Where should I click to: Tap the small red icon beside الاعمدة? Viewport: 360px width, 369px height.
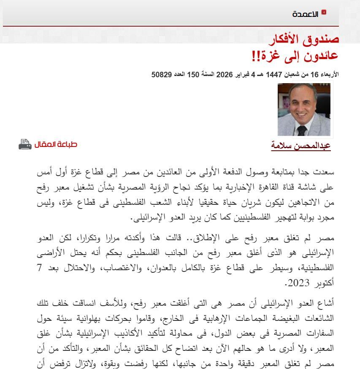click(x=324, y=12)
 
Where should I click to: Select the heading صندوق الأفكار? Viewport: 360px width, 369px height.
click(x=304, y=39)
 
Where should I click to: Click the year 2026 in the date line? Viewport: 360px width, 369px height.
click(x=224, y=75)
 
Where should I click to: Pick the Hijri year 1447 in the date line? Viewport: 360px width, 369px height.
click(x=274, y=75)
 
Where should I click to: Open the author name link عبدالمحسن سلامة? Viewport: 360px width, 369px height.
click(x=301, y=146)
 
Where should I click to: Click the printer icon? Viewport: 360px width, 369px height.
click(x=25, y=144)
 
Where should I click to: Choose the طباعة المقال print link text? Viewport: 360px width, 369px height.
click(x=56, y=144)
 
